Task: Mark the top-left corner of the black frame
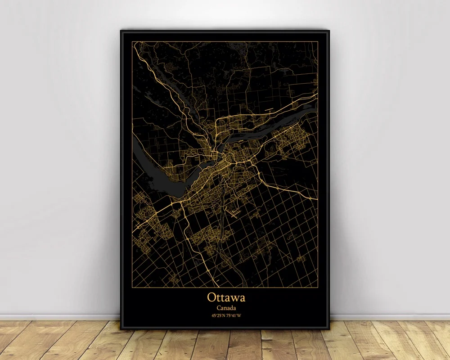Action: [121, 31]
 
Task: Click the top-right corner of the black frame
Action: [329, 31]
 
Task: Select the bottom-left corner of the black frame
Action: [121, 329]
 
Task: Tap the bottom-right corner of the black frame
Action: [329, 329]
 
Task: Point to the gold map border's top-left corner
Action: [132, 41]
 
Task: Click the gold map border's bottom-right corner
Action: [318, 287]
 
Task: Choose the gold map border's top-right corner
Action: [318, 41]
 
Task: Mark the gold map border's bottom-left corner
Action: [132, 287]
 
